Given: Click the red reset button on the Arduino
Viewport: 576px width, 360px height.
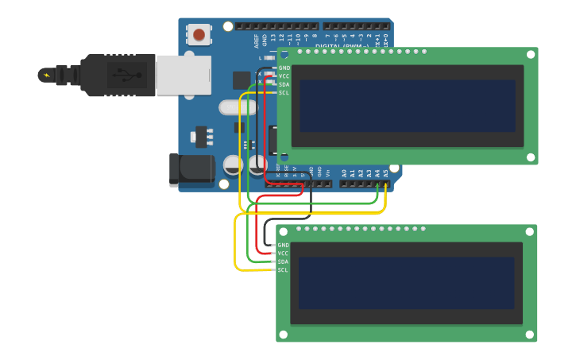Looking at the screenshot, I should coord(199,34).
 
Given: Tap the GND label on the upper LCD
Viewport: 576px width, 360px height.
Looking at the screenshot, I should coord(284,68).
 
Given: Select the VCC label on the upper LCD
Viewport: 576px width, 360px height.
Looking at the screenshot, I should coord(284,76).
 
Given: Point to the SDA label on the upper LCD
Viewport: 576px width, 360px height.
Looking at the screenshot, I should coord(284,84).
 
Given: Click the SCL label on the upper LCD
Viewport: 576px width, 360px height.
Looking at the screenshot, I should coord(284,93).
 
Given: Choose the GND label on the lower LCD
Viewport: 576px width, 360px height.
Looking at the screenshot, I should coord(283,246).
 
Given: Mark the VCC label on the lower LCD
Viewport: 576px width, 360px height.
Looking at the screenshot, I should coord(283,254).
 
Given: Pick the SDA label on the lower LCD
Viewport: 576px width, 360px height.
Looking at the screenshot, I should coord(283,261).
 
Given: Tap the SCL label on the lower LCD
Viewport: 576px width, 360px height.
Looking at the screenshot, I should coord(283,270).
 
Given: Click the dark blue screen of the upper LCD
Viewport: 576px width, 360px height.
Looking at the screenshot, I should coord(408,106).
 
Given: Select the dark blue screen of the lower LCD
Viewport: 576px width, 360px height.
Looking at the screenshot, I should coord(407,283).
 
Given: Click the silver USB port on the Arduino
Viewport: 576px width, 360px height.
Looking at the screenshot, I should coord(184,75).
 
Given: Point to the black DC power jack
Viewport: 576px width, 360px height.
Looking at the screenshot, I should coord(191,169).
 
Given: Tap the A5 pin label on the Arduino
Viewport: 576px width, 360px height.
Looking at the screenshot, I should coord(385,172).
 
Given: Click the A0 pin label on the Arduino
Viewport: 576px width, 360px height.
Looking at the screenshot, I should coord(344,172).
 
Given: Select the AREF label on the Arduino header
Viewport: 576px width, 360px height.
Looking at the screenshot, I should coord(256,39).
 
